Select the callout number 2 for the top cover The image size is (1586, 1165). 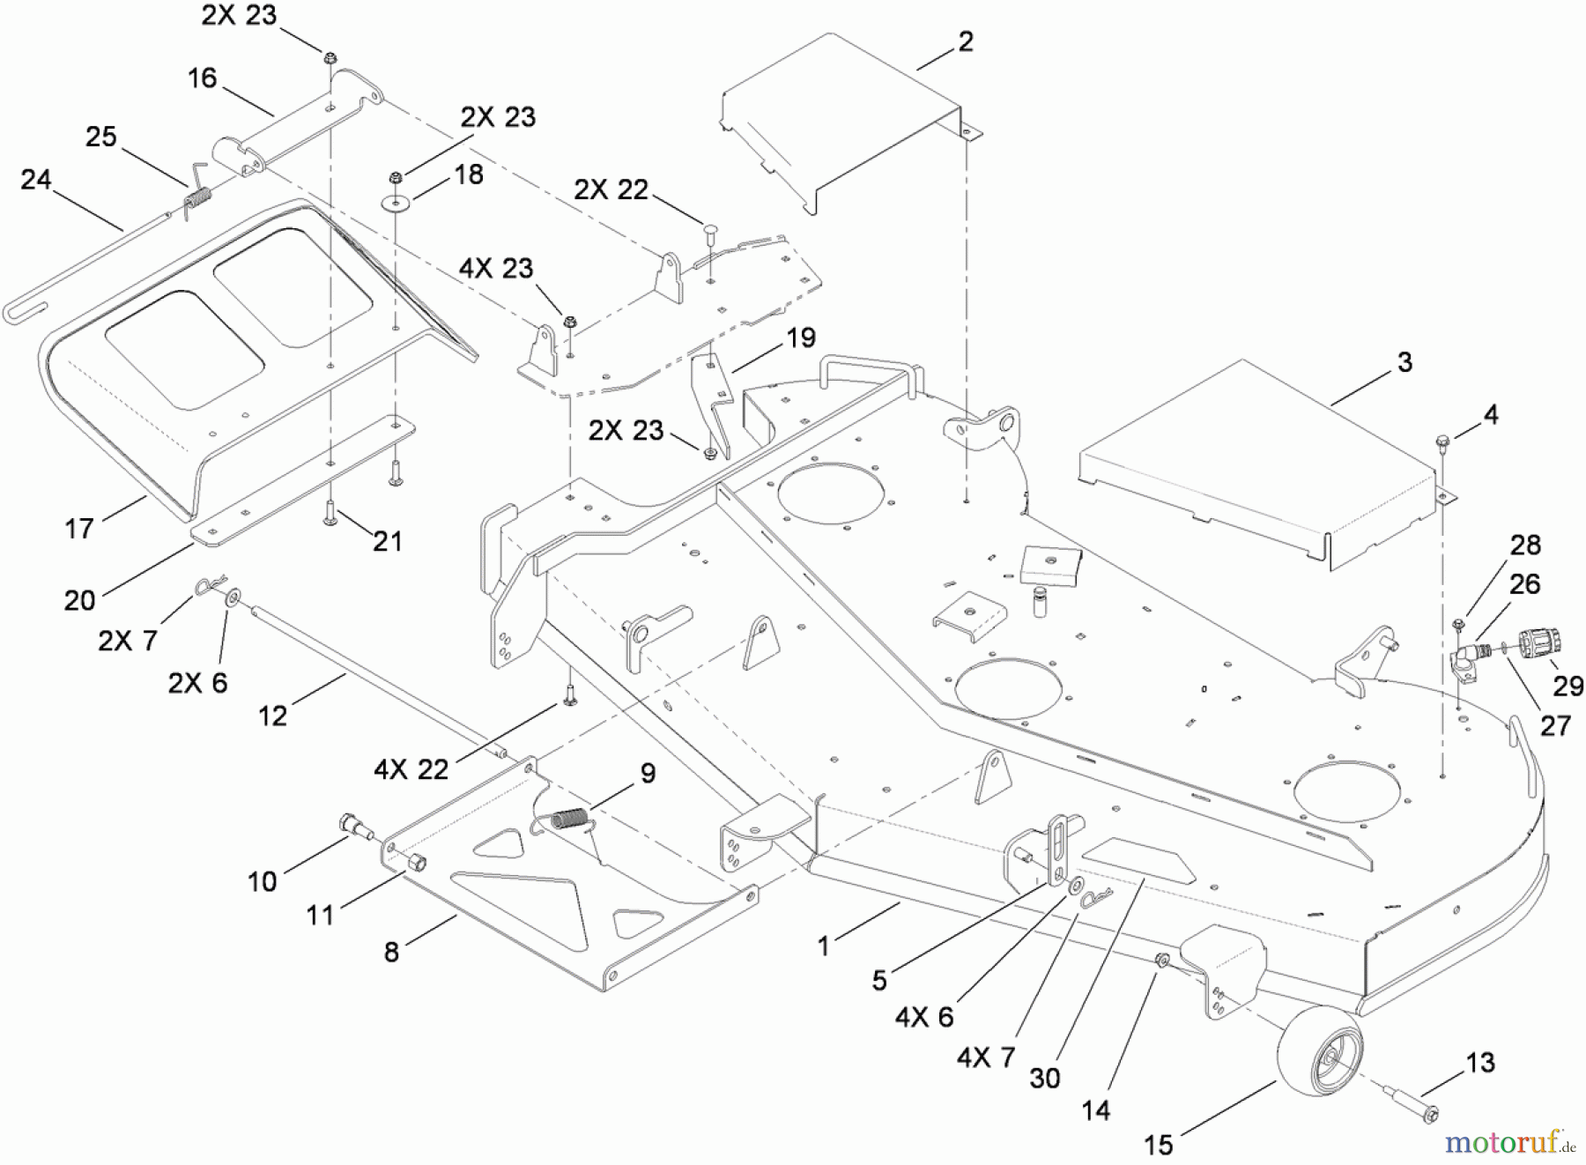(x=966, y=41)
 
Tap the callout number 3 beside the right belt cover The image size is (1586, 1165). (x=1404, y=362)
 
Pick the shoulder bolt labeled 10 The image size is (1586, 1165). (x=355, y=827)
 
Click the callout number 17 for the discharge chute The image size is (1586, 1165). (x=79, y=529)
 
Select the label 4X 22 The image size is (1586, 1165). (x=411, y=769)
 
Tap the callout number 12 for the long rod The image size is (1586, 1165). (x=272, y=716)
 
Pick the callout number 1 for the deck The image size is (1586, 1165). (x=823, y=946)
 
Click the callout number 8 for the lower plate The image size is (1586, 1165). (x=391, y=952)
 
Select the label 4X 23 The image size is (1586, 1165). (x=496, y=268)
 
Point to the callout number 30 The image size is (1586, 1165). (x=1045, y=1078)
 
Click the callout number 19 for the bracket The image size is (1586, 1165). (x=800, y=338)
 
